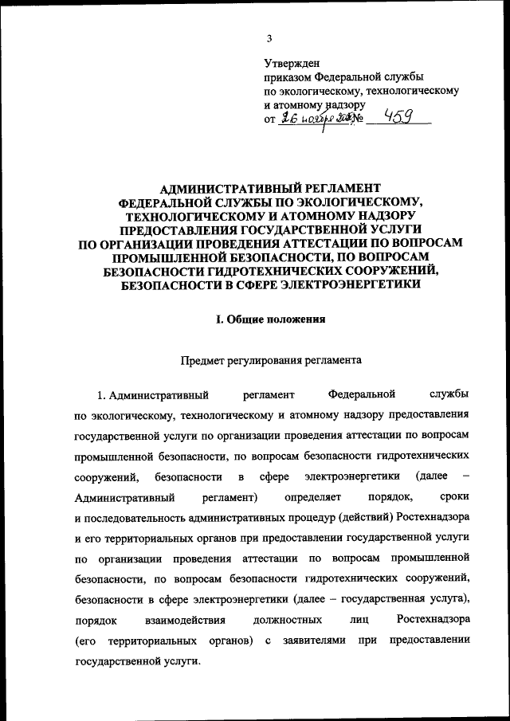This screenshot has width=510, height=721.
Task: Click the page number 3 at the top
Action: tap(269, 38)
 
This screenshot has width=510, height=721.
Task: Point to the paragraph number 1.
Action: tap(101, 394)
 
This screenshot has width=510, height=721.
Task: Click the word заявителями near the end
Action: tap(312, 641)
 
